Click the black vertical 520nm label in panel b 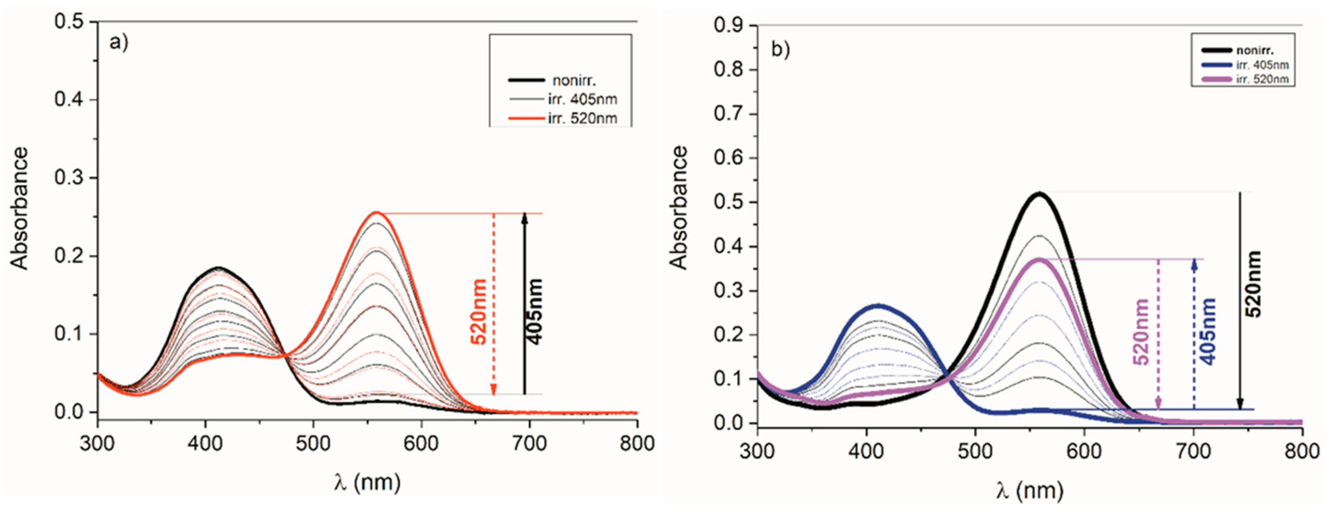coord(1253,284)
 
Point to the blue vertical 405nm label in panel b coord(1208,332)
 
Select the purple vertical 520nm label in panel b coord(1141,332)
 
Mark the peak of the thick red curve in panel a coord(377,212)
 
